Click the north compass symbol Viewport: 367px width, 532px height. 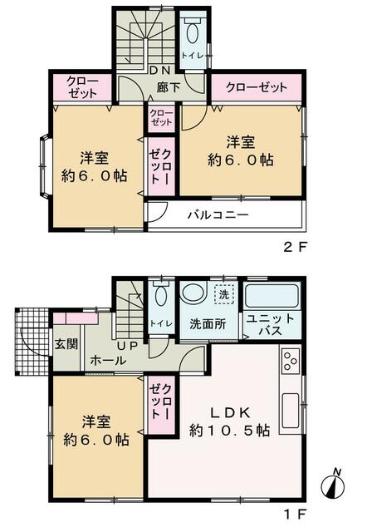pyautogui.click(x=332, y=484)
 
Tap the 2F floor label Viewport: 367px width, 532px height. pyautogui.click(x=295, y=247)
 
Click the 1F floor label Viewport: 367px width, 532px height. pyautogui.click(x=296, y=515)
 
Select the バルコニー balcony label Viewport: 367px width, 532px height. pyautogui.click(x=218, y=214)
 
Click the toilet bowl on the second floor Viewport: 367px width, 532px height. pyautogui.click(x=192, y=32)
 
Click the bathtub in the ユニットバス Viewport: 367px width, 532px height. pyautogui.click(x=272, y=296)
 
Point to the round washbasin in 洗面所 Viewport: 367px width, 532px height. pyautogui.click(x=193, y=292)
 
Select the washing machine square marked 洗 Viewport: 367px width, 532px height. pyautogui.click(x=224, y=293)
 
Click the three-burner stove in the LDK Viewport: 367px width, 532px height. pyautogui.click(x=291, y=361)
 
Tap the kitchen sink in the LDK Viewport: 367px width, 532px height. pyautogui.click(x=290, y=411)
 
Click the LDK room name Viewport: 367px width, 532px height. pyautogui.click(x=230, y=412)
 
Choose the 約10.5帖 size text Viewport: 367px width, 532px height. pyautogui.click(x=229, y=431)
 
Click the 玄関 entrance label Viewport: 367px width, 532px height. pyautogui.click(x=66, y=344)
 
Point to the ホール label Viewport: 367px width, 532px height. pyautogui.click(x=108, y=360)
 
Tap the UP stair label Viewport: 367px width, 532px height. pyautogui.click(x=127, y=346)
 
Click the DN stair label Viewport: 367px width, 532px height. pyautogui.click(x=159, y=70)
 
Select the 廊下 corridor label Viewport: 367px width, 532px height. pyautogui.click(x=168, y=87)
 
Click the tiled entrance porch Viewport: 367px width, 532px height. pyautogui.click(x=32, y=341)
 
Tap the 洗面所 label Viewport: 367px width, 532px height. pyautogui.click(x=208, y=324)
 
